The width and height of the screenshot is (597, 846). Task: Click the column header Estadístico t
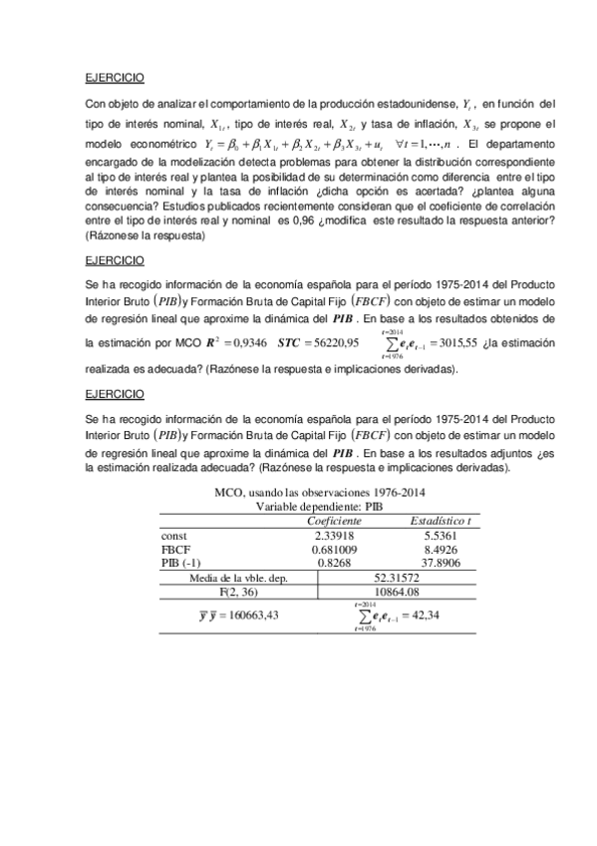[441, 521]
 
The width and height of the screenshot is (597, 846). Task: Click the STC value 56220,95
[334, 343]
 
